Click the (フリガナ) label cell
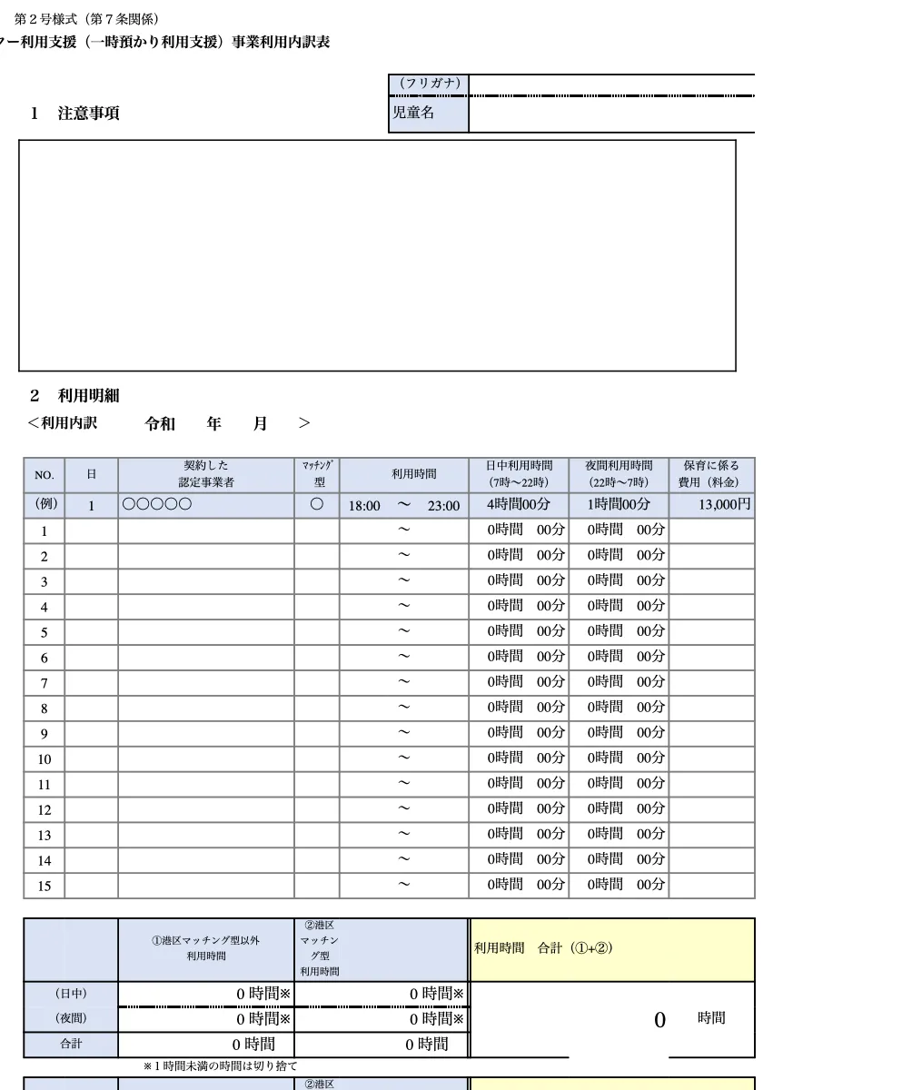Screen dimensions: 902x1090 [x=429, y=84]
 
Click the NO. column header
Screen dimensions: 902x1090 [x=45, y=475]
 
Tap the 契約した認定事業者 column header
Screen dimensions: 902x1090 [x=206, y=474]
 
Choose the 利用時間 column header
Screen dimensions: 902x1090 [x=413, y=474]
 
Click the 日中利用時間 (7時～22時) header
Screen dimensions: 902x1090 [x=519, y=474]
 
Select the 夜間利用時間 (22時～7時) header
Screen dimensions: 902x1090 [x=619, y=474]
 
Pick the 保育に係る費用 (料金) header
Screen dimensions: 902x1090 [x=711, y=474]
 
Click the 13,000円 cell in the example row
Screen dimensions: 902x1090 [x=724, y=505]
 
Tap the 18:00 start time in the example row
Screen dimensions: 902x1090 [x=364, y=506]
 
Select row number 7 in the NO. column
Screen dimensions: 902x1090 [x=45, y=683]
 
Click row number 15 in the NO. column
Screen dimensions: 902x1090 [x=45, y=886]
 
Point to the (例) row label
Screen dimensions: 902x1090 [x=45, y=505]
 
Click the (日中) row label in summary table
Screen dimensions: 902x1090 [x=71, y=994]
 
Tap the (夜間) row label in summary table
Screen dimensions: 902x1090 [x=71, y=1019]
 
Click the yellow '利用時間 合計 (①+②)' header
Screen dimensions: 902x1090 [x=543, y=948]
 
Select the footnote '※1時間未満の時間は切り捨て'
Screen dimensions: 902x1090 [x=220, y=1065]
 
